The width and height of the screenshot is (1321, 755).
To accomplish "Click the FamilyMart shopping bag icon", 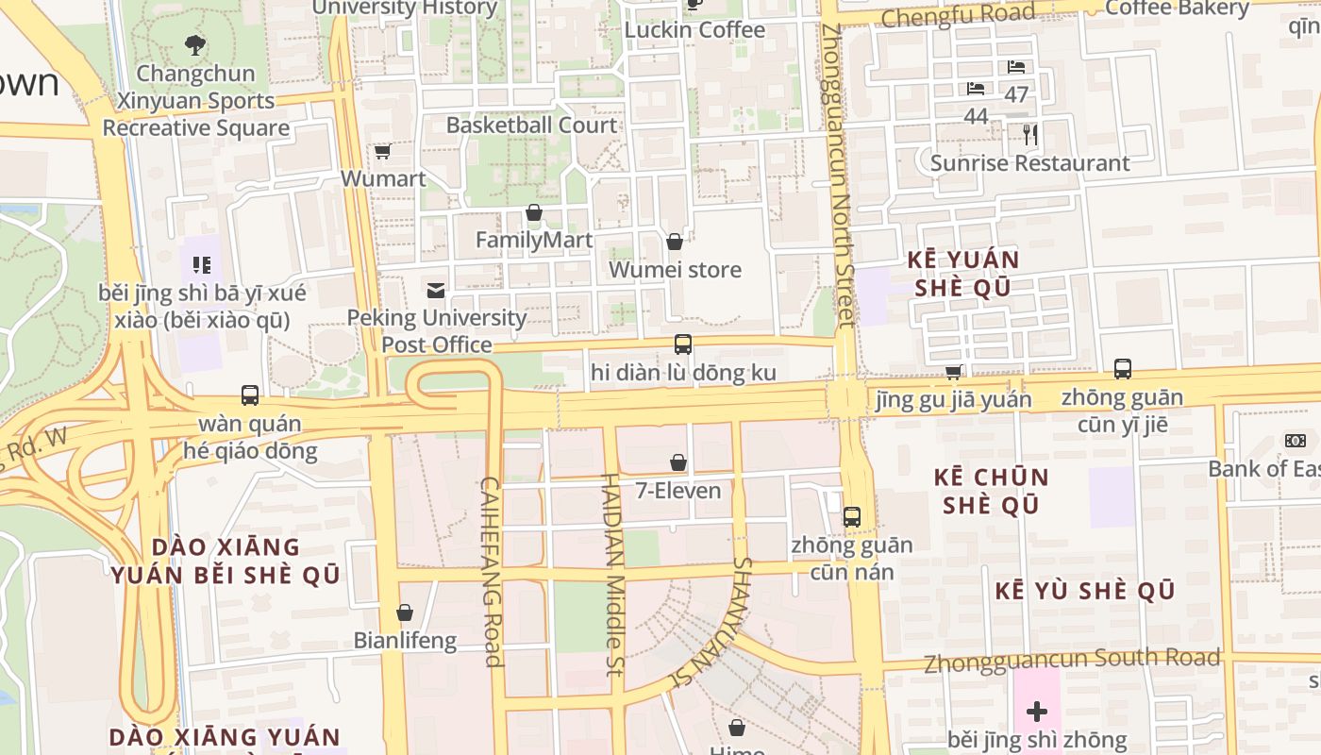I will pos(534,212).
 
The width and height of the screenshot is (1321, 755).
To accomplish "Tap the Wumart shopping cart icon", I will pos(382,151).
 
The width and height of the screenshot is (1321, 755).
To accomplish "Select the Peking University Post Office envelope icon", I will pos(436,290).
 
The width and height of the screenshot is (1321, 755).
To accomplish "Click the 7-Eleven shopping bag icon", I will pos(677,462).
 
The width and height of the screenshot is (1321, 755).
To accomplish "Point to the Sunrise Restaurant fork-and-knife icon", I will pos(1030,135).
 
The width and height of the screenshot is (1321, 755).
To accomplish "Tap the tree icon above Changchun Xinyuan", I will pos(195,43).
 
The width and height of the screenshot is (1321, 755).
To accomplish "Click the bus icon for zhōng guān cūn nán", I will pos(852,517).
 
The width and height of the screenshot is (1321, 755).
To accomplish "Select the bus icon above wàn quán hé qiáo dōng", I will pos(250,395).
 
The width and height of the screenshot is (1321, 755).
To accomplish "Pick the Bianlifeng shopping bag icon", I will pos(405,612).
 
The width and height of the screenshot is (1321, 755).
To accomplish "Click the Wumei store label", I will pos(676,270).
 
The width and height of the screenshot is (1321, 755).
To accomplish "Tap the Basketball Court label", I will pos(532,125).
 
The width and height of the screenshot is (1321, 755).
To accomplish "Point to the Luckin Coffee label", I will pos(695,30).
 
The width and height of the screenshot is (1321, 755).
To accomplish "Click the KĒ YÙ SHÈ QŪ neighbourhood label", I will pos(1085,592).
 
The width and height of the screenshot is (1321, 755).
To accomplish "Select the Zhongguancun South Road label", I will pos(1072,660).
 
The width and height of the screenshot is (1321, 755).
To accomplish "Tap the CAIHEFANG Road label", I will pos(492,571).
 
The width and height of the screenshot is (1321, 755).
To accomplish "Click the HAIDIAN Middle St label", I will pos(613,576).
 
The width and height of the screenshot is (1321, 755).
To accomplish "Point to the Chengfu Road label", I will pos(958,16).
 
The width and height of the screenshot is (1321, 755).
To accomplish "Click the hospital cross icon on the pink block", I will pos(1037,712).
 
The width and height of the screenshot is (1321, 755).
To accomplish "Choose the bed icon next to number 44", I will pos(976,89).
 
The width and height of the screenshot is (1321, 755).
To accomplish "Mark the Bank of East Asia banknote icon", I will pos(1295,441).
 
